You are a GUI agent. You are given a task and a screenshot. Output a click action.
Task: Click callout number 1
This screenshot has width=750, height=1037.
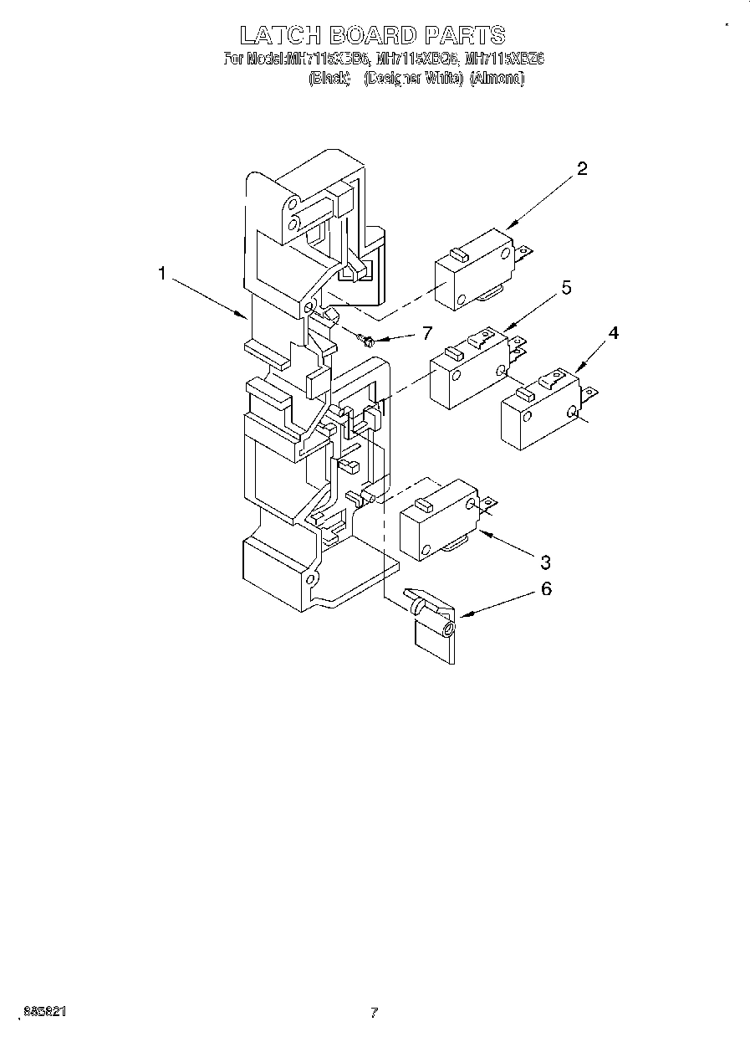[x=162, y=274]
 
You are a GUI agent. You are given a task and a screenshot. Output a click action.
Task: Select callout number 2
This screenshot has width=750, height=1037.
[x=582, y=168]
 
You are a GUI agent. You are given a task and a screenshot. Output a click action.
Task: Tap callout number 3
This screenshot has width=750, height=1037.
[x=545, y=560]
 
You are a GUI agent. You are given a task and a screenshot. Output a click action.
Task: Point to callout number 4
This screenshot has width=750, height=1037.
[x=613, y=333]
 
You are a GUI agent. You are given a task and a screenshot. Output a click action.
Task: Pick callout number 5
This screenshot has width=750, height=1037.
[x=566, y=288]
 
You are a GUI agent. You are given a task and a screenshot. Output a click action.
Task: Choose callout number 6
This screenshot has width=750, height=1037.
[x=545, y=588]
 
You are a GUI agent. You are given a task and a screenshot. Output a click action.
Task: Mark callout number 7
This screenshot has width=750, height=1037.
[x=426, y=333]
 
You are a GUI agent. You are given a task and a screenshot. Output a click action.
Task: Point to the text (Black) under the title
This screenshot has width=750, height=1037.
[x=329, y=79]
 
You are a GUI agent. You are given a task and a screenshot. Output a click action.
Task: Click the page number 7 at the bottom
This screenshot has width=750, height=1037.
[x=374, y=1013]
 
